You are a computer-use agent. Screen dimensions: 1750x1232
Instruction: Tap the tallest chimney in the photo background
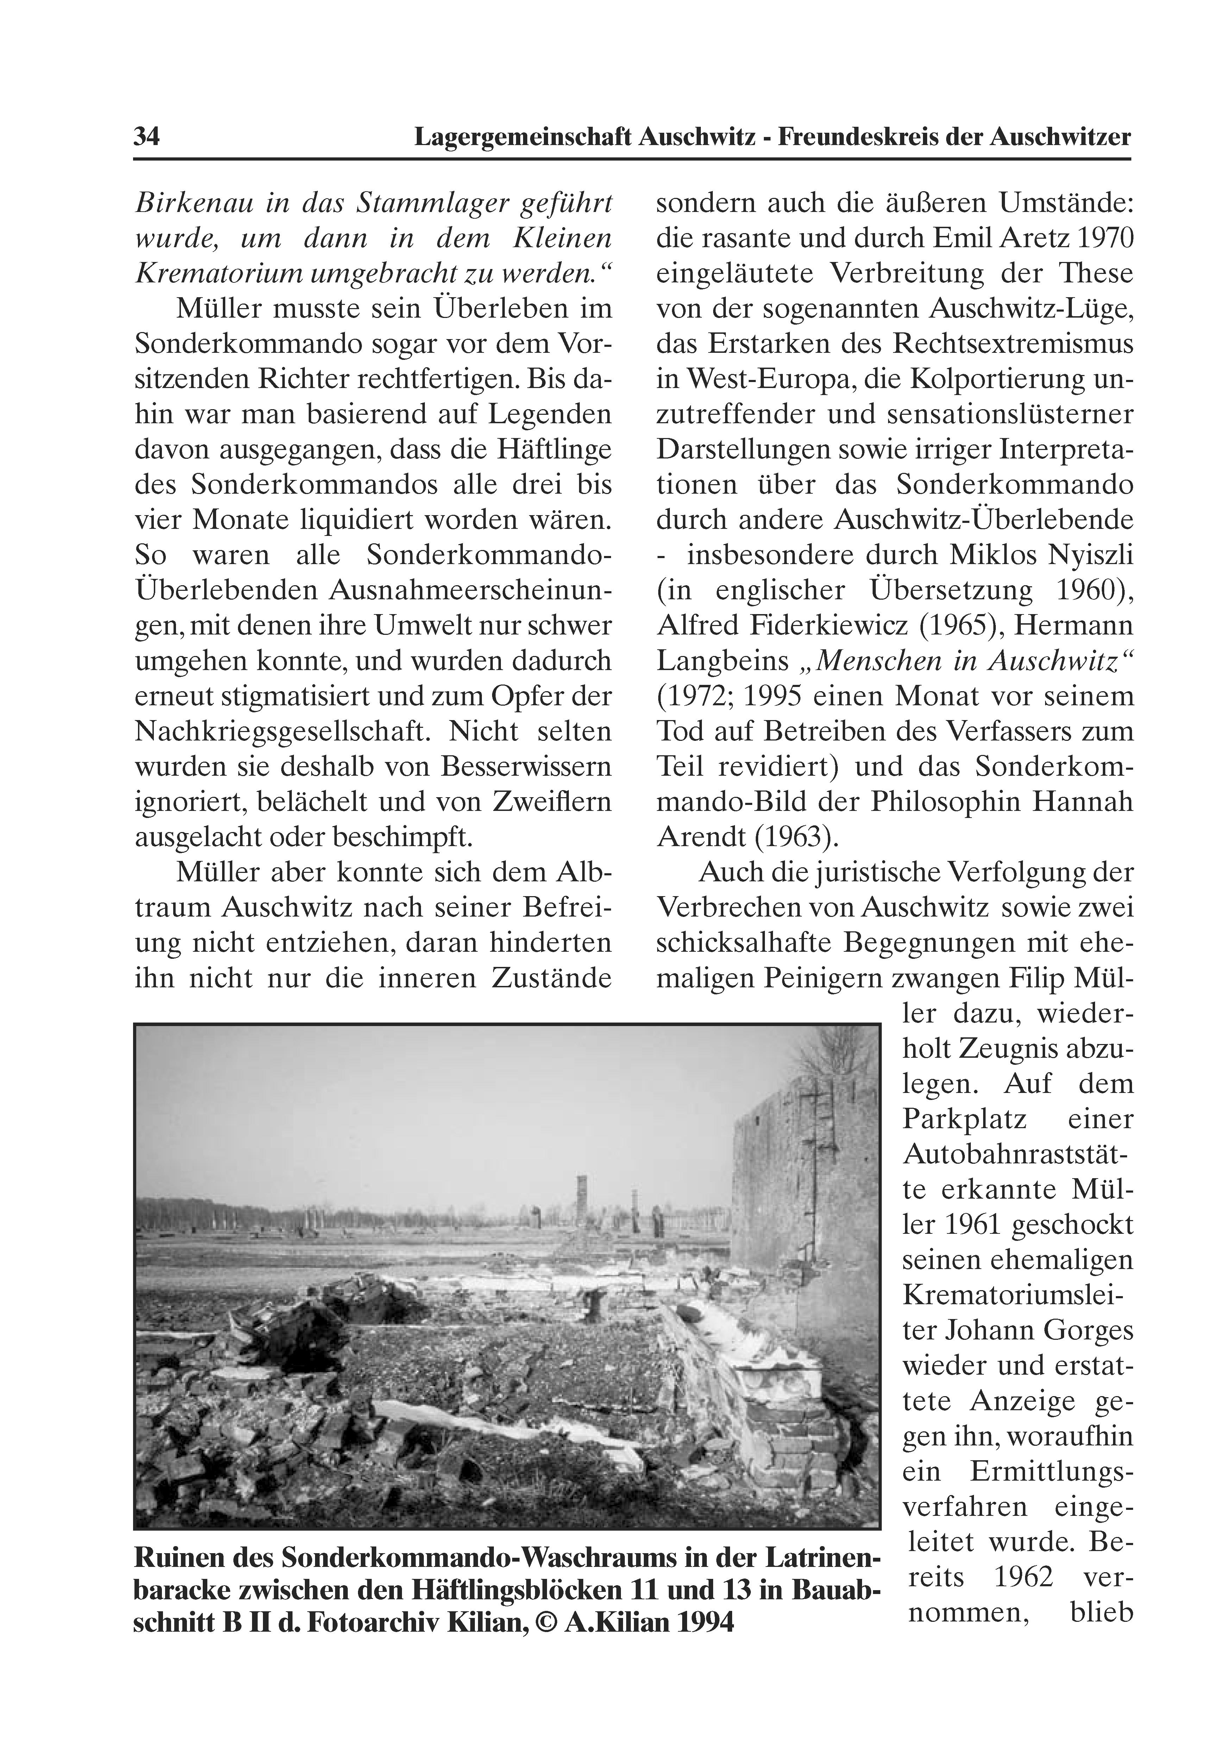582,1204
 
